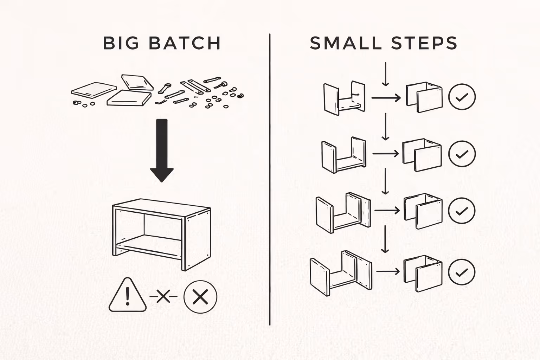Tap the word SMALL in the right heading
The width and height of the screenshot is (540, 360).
346,43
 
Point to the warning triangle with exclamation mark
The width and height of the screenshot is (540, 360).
127,296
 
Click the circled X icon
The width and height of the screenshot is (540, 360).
200,297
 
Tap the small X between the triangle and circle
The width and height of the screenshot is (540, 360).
163,297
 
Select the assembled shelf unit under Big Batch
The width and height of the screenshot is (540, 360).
161,234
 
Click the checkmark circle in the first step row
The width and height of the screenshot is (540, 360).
462,97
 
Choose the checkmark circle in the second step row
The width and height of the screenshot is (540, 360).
462,154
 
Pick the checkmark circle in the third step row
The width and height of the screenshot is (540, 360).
462,211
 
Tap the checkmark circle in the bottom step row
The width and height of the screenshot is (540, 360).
462,272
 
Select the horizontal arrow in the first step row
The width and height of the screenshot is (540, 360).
386,97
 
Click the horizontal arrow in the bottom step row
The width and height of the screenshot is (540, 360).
388,271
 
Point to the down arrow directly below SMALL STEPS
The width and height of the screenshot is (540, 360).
386,74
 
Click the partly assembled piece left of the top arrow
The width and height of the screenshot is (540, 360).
344,98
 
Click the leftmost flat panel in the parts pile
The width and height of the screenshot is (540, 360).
94,90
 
